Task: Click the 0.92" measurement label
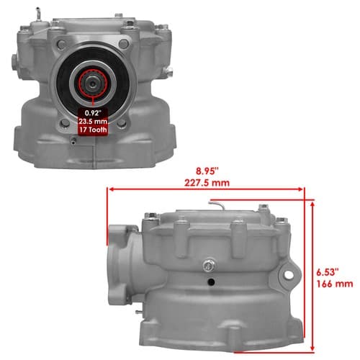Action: (x=94, y=112)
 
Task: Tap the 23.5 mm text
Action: (x=94, y=121)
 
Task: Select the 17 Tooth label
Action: (x=94, y=130)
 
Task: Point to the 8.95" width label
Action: (x=207, y=171)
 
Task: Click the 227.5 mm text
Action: (x=207, y=183)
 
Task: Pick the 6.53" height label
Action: (x=328, y=272)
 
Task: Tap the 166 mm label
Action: (x=335, y=284)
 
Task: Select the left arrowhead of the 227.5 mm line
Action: (x=111, y=189)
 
